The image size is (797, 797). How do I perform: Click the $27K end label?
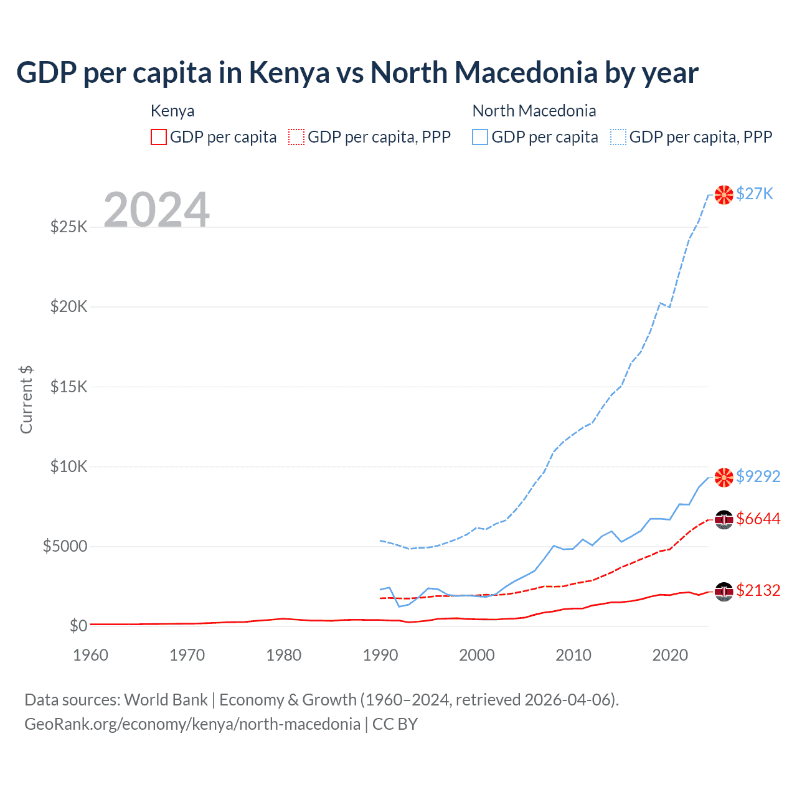click(754, 194)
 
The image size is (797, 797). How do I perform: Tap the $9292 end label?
click(758, 476)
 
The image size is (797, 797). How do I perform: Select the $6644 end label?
click(758, 519)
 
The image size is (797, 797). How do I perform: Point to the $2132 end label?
click(758, 591)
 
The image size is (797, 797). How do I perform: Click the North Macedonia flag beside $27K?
click(724, 195)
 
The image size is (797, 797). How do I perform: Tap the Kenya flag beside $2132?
click(724, 591)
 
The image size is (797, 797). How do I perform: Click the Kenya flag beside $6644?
click(724, 519)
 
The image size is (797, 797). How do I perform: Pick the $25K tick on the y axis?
click(68, 227)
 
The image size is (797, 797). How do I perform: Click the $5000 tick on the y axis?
click(65, 547)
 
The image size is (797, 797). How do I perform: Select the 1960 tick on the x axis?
click(90, 655)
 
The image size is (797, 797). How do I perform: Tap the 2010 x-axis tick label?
click(573, 655)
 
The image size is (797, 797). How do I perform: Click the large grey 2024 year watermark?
click(156, 210)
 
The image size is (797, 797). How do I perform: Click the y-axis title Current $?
click(26, 400)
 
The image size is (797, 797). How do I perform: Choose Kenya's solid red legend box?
click(159, 137)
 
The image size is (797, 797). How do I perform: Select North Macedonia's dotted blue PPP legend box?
click(618, 137)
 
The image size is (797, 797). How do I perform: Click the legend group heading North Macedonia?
click(534, 111)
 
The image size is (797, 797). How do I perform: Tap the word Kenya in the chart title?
click(289, 73)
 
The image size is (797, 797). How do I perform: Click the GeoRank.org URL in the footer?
click(192, 724)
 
